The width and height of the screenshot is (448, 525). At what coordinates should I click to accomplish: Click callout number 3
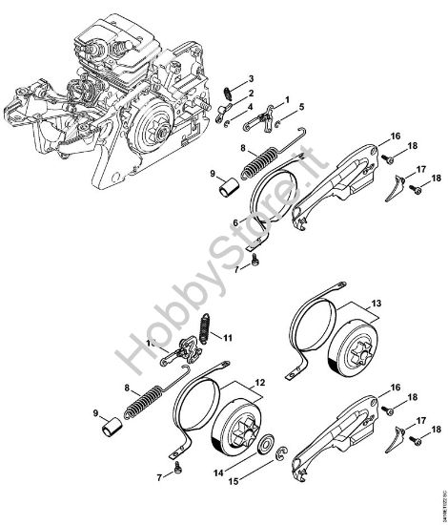(x=250, y=77)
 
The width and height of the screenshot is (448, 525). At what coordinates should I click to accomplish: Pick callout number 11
(x=228, y=337)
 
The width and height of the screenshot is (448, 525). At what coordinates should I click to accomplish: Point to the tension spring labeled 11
(x=202, y=334)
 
